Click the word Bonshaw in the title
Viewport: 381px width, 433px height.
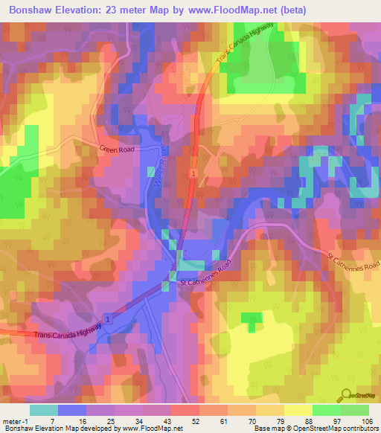pos(27,10)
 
